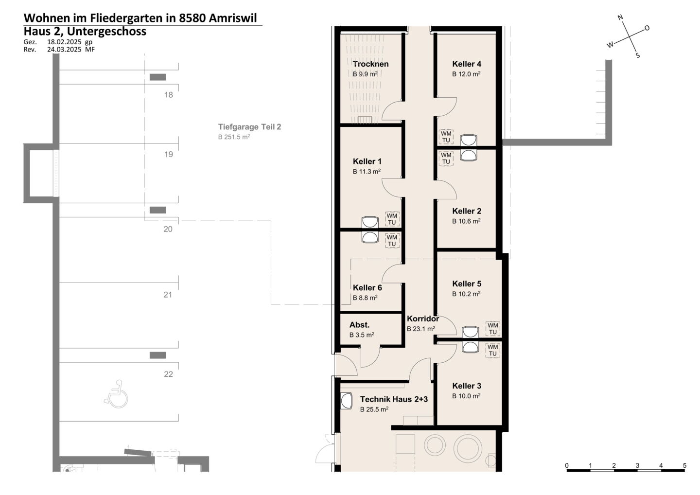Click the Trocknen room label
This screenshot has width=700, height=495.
pyautogui.click(x=370, y=64)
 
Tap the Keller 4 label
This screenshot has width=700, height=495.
pyautogui.click(x=467, y=64)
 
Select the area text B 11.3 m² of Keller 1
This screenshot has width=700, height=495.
pyautogui.click(x=367, y=171)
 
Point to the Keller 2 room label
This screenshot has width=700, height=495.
pyautogui.click(x=467, y=211)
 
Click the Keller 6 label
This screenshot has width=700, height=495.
pyautogui.click(x=367, y=287)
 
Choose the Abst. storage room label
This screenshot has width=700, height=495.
pyautogui.click(x=359, y=325)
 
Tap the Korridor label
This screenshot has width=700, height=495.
pyautogui.click(x=423, y=319)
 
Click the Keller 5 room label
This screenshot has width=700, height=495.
pyautogui.click(x=467, y=284)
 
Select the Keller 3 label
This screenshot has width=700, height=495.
pyautogui.click(x=467, y=386)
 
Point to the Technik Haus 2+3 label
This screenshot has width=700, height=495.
pyautogui.click(x=394, y=399)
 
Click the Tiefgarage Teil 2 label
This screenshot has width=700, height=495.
pyautogui.click(x=249, y=127)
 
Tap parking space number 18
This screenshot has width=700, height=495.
pyautogui.click(x=168, y=95)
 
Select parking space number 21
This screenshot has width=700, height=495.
pyautogui.click(x=168, y=295)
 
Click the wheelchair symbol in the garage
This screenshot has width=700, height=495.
pyautogui.click(x=116, y=394)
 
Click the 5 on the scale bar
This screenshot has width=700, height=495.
pyautogui.click(x=684, y=465)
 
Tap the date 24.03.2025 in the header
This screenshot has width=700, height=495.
pyautogui.click(x=64, y=50)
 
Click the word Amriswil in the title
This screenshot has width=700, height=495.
pyautogui.click(x=232, y=18)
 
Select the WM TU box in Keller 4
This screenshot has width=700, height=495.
pyautogui.click(x=446, y=137)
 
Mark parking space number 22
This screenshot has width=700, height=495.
pyautogui.click(x=168, y=374)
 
